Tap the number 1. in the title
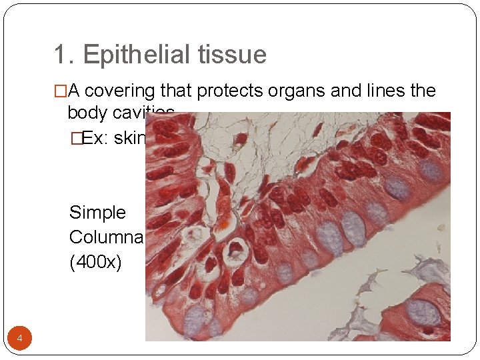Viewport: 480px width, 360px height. click(x=64, y=55)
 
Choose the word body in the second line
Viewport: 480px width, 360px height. click(x=87, y=112)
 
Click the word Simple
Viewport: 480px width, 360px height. click(x=97, y=213)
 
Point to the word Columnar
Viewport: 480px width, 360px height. click(x=107, y=237)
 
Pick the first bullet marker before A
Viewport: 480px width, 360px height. click(x=61, y=91)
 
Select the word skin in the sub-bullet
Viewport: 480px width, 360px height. click(x=129, y=138)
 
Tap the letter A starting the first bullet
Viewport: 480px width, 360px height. click(x=74, y=91)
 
